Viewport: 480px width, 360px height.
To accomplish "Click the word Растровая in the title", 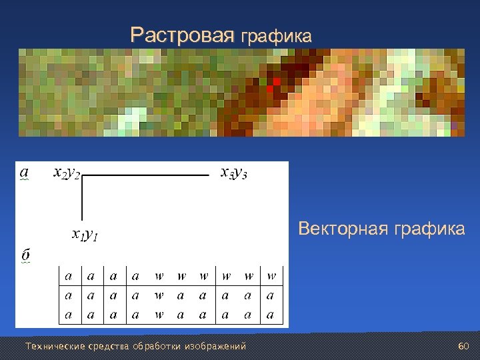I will (183, 35).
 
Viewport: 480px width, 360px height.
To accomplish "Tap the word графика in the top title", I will (275, 36).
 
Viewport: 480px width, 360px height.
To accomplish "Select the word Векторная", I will (342, 229).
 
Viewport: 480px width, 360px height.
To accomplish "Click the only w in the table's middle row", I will (159, 295).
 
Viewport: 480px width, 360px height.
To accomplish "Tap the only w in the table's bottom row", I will (159, 314).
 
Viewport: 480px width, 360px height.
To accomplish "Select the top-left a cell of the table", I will (69, 275).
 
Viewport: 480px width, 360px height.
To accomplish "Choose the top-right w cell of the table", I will (271, 275).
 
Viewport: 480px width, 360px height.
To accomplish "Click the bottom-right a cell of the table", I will (271, 314).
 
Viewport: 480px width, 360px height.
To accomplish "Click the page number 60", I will (464, 347).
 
